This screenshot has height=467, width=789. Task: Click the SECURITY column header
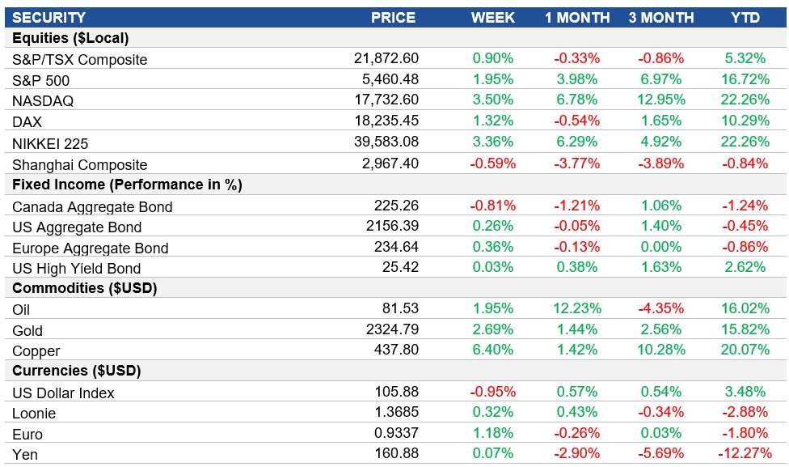tap(49, 17)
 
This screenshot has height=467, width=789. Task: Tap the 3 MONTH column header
tap(660, 17)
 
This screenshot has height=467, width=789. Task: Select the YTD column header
tap(745, 17)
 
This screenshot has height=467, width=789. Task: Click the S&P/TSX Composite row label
tap(80, 60)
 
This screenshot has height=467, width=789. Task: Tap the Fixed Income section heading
tap(127, 185)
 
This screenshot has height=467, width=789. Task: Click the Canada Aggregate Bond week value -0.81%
tap(492, 206)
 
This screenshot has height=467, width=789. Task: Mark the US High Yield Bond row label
tap(77, 269)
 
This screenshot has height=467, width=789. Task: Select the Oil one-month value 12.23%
tap(576, 309)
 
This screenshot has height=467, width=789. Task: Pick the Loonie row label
tap(34, 414)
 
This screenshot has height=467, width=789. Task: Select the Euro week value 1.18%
tap(492, 434)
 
